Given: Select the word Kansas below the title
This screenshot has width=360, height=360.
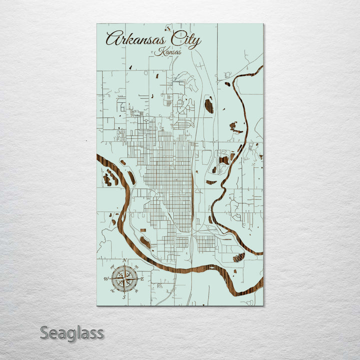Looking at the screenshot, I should pyautogui.click(x=168, y=52).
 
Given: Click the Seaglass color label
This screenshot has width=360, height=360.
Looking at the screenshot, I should pyautogui.click(x=72, y=332).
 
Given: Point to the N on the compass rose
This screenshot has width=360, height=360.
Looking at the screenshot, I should pyautogui.click(x=124, y=260).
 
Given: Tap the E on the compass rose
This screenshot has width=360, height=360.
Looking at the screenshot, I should pyautogui.click(x=142, y=279).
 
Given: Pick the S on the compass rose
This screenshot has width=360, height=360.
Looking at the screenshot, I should pyautogui.click(x=124, y=297).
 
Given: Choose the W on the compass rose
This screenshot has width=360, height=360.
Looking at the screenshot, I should pyautogui.click(x=106, y=278).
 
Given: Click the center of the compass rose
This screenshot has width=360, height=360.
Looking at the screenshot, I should pyautogui.click(x=124, y=278).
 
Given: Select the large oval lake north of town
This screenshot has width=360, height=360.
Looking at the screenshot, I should pyautogui.click(x=209, y=105).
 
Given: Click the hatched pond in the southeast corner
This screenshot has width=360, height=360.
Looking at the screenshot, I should pyautogui.click(x=239, y=257).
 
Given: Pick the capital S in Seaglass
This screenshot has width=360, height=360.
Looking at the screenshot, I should pyautogui.click(x=44, y=332).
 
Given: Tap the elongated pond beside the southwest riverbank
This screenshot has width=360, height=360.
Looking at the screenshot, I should pyautogui.click(x=145, y=242).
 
